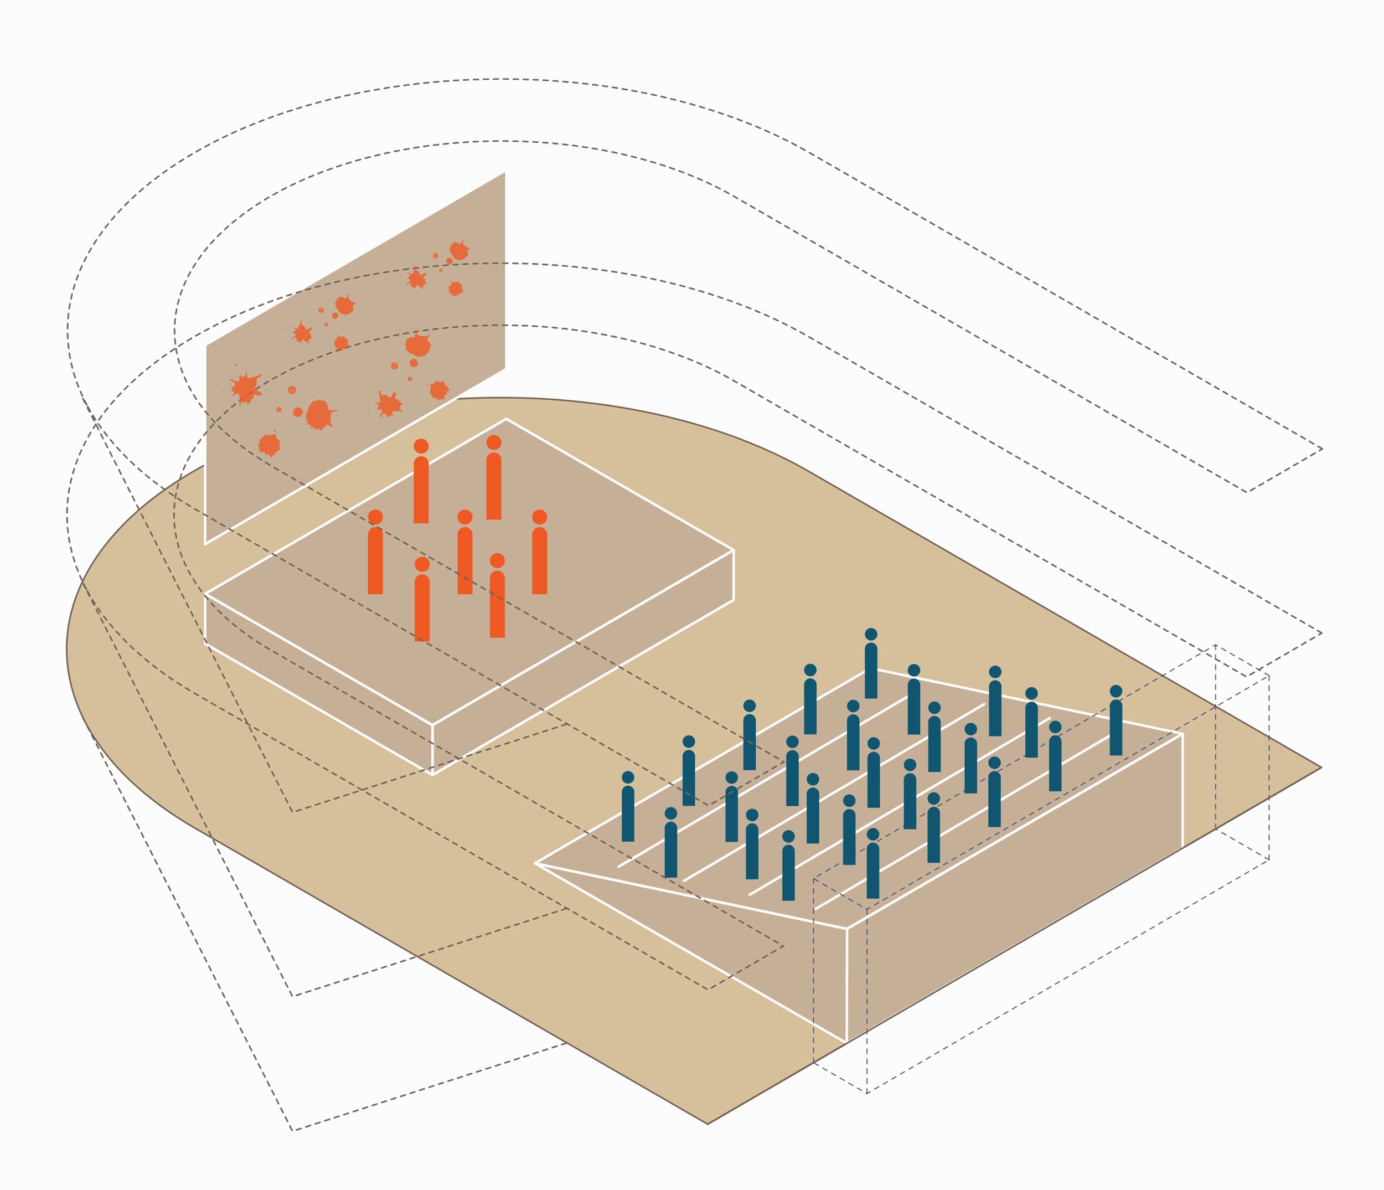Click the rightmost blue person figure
click(x=1116, y=725)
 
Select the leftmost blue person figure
click(x=628, y=810)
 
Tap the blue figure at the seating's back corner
click(x=871, y=668)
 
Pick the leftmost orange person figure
click(x=375, y=557)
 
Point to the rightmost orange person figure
click(x=540, y=557)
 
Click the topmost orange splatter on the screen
click(x=459, y=250)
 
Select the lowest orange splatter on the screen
click(x=269, y=444)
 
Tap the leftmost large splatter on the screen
click(x=245, y=388)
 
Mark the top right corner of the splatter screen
click(x=504, y=173)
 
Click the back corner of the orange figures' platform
click(x=505, y=419)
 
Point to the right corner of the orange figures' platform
click(x=734, y=550)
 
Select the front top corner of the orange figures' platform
click(x=432, y=724)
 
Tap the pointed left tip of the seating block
click(x=536, y=863)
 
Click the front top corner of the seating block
click(x=846, y=929)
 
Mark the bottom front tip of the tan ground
click(x=708, y=1124)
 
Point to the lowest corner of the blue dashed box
click(x=867, y=1094)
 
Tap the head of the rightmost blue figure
click(x=1116, y=692)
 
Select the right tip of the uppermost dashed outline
click(x=1322, y=449)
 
